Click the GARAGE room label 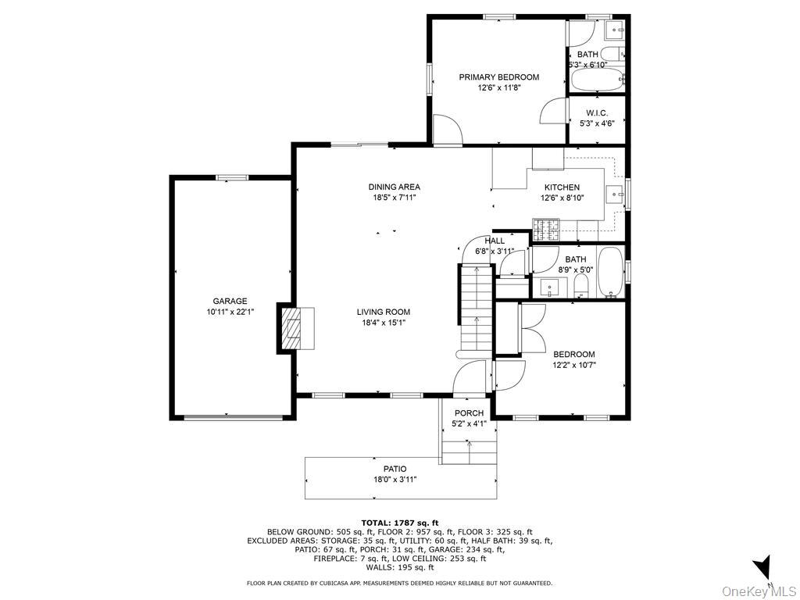click(x=230, y=301)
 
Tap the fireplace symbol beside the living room click(x=292, y=327)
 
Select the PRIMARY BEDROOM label click(x=498, y=77)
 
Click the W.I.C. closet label click(x=597, y=113)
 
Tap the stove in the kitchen click(x=548, y=228)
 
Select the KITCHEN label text click(x=562, y=187)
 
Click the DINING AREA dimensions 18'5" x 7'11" click(x=395, y=198)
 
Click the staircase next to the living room click(x=473, y=309)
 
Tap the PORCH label click(x=469, y=413)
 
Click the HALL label click(x=495, y=241)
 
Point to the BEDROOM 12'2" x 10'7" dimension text click(x=574, y=365)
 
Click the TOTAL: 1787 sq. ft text click(x=400, y=523)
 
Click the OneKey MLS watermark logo click(x=757, y=590)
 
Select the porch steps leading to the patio click(x=469, y=452)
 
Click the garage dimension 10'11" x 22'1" click(x=230, y=312)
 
